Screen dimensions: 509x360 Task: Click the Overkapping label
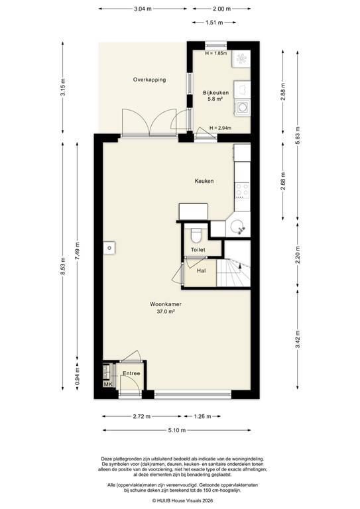149,80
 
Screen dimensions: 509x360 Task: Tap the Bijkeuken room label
215,93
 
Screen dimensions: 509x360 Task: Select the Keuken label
204,180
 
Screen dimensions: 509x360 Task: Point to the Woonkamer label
165,304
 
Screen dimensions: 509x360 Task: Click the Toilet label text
198,250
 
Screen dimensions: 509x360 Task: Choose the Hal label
201,270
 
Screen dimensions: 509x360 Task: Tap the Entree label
131,374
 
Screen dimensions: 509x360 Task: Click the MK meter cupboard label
107,384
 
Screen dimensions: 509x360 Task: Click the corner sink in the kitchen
237,227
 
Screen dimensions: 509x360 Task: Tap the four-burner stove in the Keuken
242,190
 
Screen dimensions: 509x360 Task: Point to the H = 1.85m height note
215,53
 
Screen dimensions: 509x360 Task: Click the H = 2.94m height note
219,128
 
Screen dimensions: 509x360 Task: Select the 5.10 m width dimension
176,430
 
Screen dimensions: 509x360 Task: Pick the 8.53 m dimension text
62,265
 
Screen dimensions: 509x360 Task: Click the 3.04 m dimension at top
142,9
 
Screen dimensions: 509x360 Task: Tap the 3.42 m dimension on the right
298,341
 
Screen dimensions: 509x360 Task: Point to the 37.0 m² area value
165,311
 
